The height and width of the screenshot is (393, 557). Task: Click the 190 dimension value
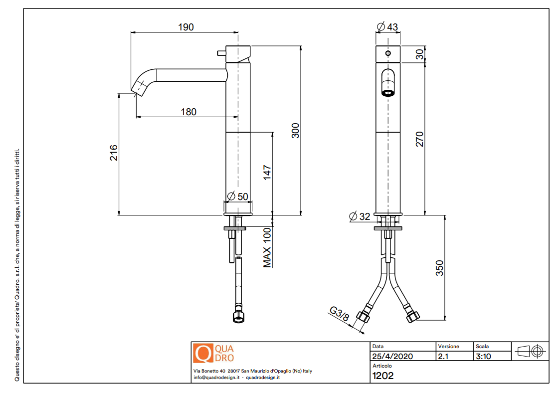(x=186, y=27)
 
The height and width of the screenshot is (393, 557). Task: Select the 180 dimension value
(x=188, y=112)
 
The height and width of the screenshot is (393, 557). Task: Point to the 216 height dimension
(x=114, y=153)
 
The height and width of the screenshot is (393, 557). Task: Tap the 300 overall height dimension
(x=295, y=131)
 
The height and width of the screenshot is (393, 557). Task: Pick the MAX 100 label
(x=268, y=247)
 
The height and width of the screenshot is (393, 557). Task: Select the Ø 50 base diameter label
(x=238, y=196)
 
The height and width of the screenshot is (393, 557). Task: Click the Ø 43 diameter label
(x=387, y=27)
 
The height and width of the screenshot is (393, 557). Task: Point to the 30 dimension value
(x=419, y=54)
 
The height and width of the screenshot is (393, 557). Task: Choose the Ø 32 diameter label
(x=360, y=216)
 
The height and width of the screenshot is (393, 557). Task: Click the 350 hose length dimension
(x=439, y=268)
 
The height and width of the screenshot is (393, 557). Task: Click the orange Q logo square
(x=203, y=353)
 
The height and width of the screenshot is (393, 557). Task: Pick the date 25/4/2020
(x=393, y=357)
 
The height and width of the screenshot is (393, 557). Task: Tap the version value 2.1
(x=443, y=357)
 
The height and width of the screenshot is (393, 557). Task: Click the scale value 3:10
(x=483, y=357)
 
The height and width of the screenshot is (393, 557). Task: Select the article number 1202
(x=383, y=376)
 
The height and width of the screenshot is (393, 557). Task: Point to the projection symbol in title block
(x=530, y=351)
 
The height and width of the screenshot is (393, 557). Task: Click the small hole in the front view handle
(x=388, y=52)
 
